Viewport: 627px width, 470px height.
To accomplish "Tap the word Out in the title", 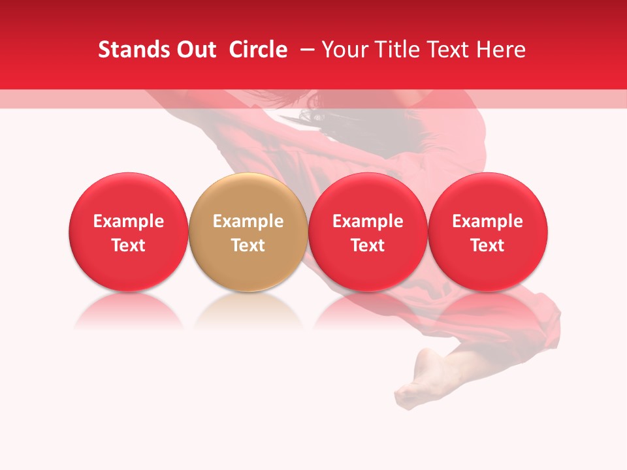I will pos(195,50).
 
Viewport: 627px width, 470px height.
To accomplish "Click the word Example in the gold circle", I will pos(248,221).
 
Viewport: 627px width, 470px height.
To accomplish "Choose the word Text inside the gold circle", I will pos(248,245).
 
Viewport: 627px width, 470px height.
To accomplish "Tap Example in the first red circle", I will pos(129,221).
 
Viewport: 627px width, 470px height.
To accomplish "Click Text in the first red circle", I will pos(129,245).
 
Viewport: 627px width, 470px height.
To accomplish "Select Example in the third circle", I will pos(368,221).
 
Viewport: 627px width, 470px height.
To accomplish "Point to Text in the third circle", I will pos(368,245).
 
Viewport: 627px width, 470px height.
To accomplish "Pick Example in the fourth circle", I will pos(487,221).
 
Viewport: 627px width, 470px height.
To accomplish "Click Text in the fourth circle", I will pos(487,245).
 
